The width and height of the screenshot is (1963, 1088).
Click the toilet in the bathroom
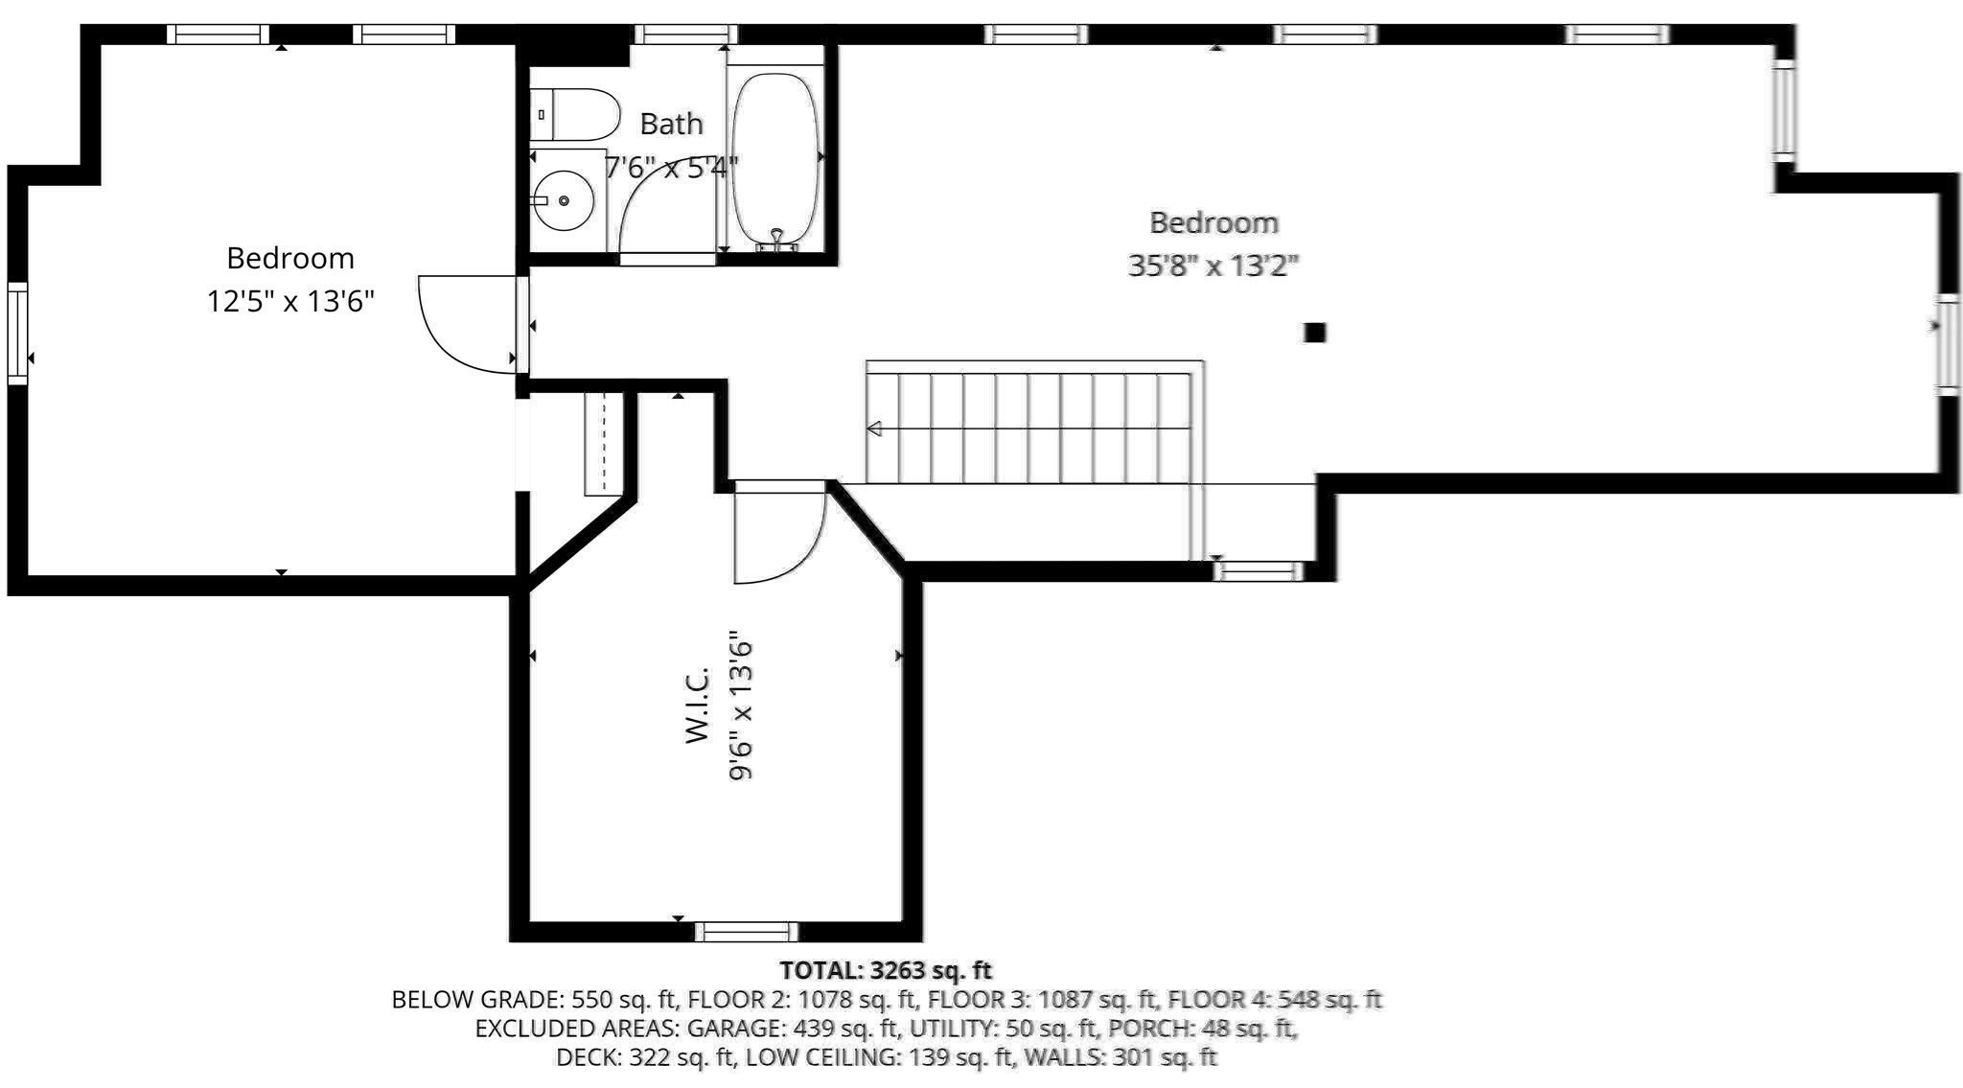pos(573,115)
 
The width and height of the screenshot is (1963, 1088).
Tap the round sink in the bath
pos(564,200)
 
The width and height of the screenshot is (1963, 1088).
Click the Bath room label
pos(671,124)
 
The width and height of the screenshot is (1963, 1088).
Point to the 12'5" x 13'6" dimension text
pos(290,302)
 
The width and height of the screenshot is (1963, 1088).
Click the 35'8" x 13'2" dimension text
pos(1213,265)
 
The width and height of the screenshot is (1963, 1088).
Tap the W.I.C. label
pos(697,705)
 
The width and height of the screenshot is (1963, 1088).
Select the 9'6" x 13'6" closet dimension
pos(741,705)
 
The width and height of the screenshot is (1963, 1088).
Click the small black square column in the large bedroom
pos(1315,333)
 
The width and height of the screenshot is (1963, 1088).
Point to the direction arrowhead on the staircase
pos(873,428)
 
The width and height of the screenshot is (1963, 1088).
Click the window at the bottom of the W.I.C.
pos(747,931)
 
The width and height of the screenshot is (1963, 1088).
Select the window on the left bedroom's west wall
pos(17,334)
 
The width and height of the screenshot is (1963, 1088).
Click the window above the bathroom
pos(686,35)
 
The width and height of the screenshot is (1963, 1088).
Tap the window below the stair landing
pos(1259,571)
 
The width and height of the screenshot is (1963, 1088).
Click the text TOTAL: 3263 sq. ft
pos(886,970)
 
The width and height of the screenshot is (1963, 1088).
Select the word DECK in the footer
pos(587,1057)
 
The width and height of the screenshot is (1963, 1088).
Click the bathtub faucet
pos(777,240)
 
